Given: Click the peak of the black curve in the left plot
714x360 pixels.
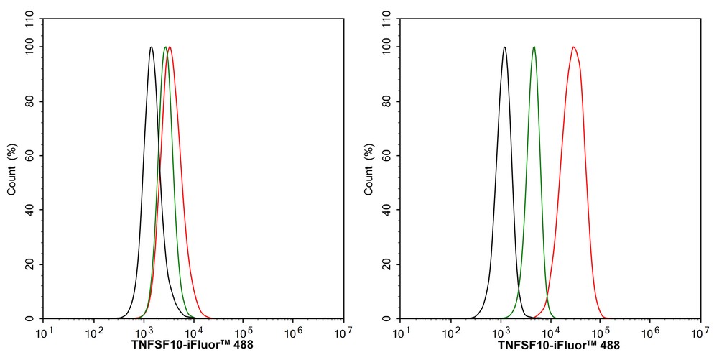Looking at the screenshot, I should pyautogui.click(x=151, y=47).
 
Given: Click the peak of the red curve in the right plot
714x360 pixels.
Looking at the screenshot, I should pyautogui.click(x=573, y=47).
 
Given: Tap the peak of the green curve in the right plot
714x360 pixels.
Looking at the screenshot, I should pyautogui.click(x=534, y=47).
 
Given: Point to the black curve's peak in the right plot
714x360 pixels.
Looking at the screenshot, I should pyautogui.click(x=504, y=47).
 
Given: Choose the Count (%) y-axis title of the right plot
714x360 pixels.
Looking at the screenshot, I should pyautogui.click(x=369, y=170).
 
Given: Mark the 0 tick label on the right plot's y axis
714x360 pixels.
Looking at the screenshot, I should pyautogui.click(x=389, y=318).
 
